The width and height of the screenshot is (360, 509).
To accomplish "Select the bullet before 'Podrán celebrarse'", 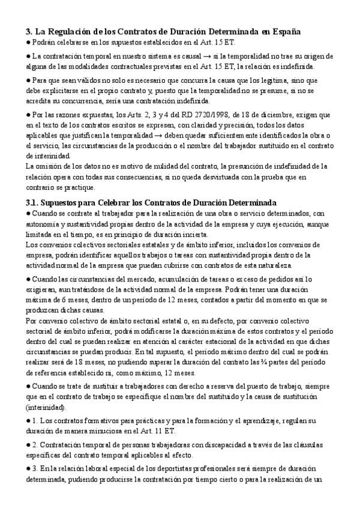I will click(29, 44).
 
